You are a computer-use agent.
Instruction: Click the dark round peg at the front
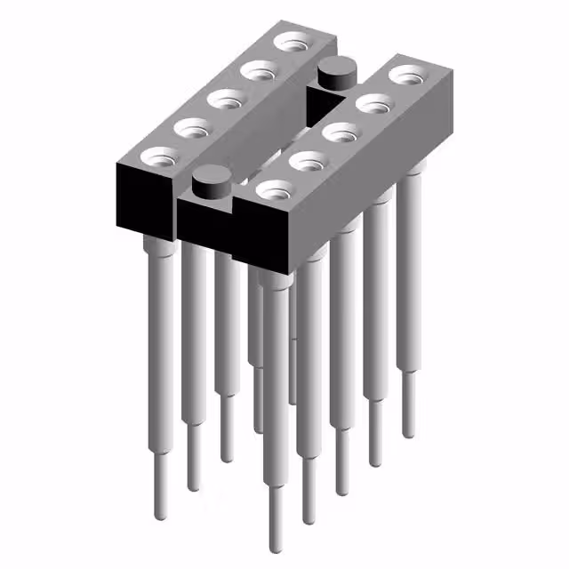point(211,183)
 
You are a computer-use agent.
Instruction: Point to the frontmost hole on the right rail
point(274,189)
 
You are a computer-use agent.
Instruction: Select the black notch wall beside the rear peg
point(315,102)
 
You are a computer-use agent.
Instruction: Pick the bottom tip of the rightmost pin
point(408,433)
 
